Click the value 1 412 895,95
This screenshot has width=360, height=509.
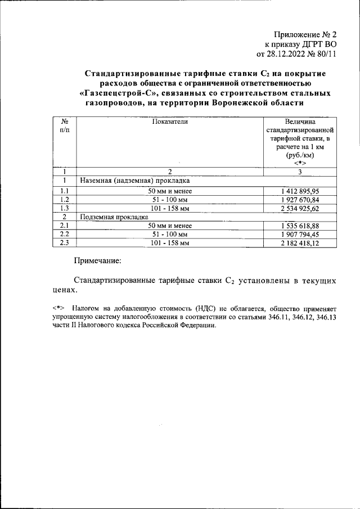(x=300, y=191)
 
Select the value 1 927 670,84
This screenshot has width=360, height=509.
(x=300, y=199)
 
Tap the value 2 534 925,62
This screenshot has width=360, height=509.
(x=300, y=208)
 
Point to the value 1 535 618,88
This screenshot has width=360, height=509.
(x=300, y=225)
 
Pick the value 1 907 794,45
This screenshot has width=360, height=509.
(x=300, y=233)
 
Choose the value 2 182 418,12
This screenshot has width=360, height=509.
(x=300, y=242)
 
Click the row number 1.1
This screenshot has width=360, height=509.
(x=65, y=191)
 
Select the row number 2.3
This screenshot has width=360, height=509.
(x=65, y=242)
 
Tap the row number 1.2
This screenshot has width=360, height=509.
(x=65, y=199)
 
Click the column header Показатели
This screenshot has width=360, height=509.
(x=169, y=121)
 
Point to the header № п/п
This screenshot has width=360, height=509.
(x=65, y=125)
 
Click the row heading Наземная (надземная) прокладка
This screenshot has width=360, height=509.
(x=135, y=182)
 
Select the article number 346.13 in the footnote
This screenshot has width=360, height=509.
(x=325, y=318)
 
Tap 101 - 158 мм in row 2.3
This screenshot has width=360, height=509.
(x=169, y=242)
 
